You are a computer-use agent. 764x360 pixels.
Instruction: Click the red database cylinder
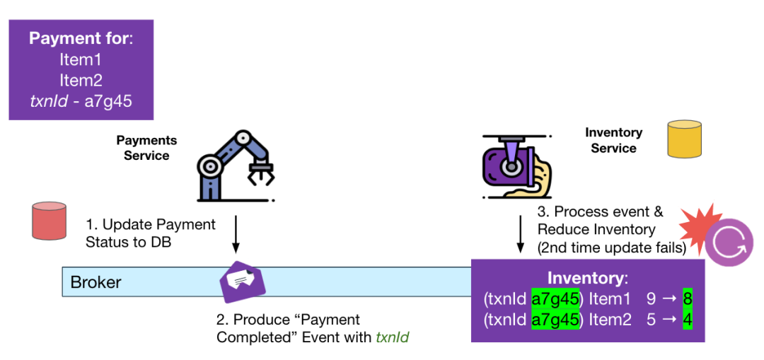point(49,220)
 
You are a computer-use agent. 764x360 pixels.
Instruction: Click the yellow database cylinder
point(685,139)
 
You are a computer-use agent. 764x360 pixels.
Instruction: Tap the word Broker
point(95,283)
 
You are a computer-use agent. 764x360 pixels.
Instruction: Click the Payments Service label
point(146,148)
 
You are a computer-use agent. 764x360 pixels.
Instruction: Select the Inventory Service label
point(613,140)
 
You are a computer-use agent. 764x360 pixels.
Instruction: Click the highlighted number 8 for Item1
point(686,299)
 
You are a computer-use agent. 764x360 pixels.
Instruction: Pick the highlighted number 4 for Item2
point(686,320)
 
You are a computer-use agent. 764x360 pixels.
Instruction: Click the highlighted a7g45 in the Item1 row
point(555,299)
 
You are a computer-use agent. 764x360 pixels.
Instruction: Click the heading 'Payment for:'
point(81,38)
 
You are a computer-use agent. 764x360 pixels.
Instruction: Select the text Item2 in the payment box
point(81,81)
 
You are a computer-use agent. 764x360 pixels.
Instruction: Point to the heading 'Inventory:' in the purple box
point(587,278)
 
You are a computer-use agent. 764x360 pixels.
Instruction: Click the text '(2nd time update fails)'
point(611,247)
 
